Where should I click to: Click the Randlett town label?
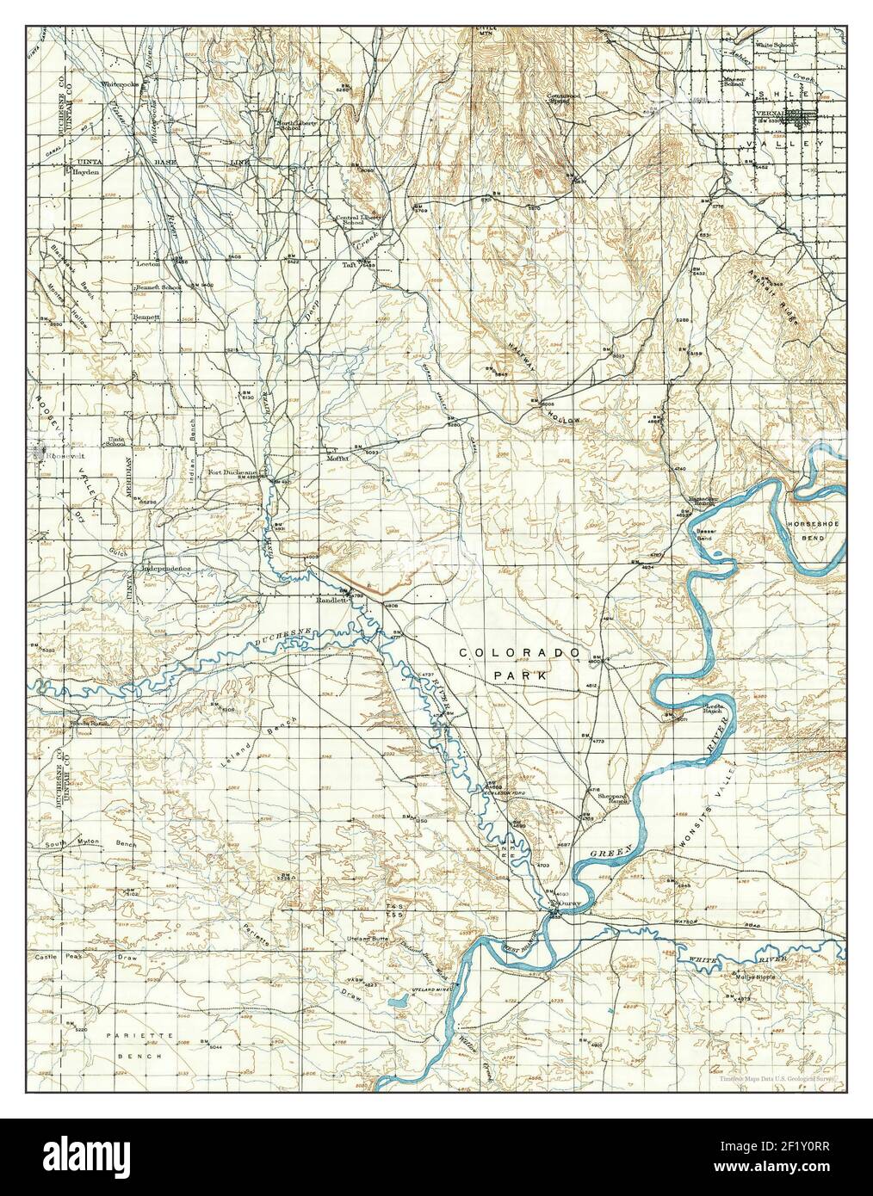coord(331,601)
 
